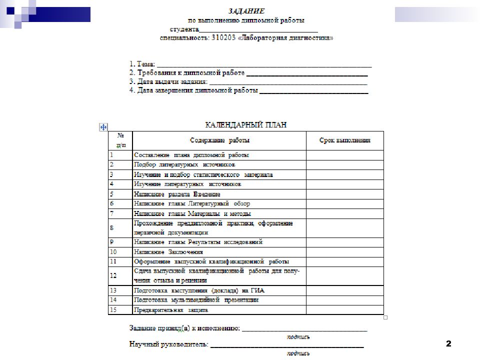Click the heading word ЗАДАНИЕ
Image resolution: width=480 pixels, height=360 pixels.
246,11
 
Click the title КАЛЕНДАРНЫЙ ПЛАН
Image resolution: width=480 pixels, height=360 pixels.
246,124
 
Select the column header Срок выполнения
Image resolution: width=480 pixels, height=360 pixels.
344,140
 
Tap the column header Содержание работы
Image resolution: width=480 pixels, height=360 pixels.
219,140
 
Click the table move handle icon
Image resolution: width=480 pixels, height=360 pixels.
103,127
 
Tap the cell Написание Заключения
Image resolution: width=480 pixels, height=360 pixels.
165,252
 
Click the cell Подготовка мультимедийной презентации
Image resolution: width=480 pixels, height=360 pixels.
196,300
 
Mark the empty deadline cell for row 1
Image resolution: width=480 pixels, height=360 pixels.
344,155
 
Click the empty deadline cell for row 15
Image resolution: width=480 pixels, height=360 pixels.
344,310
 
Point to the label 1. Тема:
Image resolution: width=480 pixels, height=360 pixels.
142,64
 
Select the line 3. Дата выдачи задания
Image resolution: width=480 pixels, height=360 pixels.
168,81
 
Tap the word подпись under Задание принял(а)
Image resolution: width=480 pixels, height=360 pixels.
298,336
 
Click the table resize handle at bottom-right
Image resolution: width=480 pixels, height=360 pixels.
385,317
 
